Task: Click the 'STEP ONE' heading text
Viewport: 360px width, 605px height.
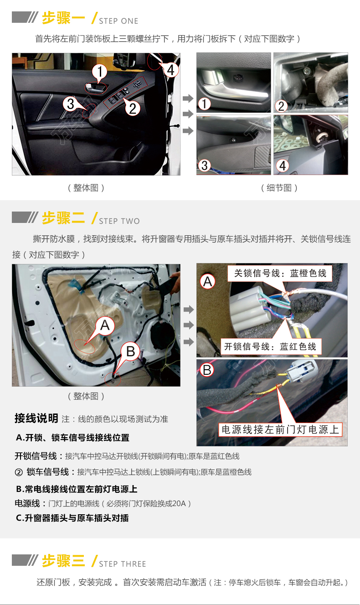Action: coord(118,21)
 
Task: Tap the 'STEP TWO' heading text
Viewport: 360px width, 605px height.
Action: coord(119,221)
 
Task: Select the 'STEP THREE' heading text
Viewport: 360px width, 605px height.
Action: coord(123,564)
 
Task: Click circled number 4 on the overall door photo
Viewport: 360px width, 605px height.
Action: coord(170,70)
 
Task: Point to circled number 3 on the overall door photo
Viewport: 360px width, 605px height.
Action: coord(71,104)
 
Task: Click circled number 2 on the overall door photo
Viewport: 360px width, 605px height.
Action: coord(133,109)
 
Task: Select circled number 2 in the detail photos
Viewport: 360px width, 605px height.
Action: coord(281,106)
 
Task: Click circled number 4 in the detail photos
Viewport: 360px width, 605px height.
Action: coord(282,166)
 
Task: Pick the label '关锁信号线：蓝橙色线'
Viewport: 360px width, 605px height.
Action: coord(280,274)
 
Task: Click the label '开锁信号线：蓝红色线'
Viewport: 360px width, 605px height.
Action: coord(270,346)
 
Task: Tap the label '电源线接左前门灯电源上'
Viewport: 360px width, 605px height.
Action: coord(280,429)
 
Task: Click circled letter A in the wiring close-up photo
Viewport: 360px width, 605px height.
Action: coord(207,282)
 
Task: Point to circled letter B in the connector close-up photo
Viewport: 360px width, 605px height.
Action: coord(207,370)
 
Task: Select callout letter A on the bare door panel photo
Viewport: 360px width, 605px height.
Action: coord(105,325)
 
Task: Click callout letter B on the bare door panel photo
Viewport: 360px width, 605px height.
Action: coord(131,352)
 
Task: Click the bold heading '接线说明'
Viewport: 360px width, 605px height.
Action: coord(36,418)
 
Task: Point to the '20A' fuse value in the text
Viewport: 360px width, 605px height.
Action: coord(179,503)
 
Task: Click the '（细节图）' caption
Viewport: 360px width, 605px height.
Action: coord(279,188)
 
